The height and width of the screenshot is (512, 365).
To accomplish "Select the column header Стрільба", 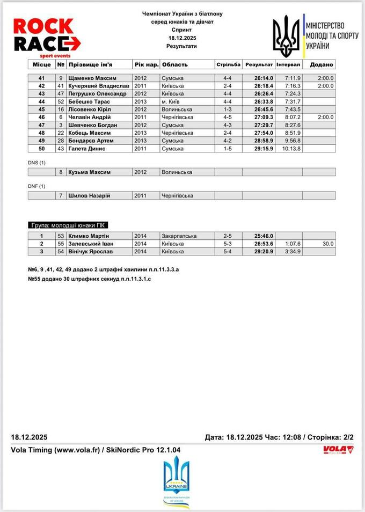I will click(228, 64).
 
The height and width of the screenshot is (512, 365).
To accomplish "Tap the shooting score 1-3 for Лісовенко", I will click(228, 109).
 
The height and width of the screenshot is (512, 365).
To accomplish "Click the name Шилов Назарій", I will click(89, 196).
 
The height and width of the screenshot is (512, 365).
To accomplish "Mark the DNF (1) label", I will click(36, 186).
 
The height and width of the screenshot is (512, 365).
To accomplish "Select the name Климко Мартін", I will click(89, 236).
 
